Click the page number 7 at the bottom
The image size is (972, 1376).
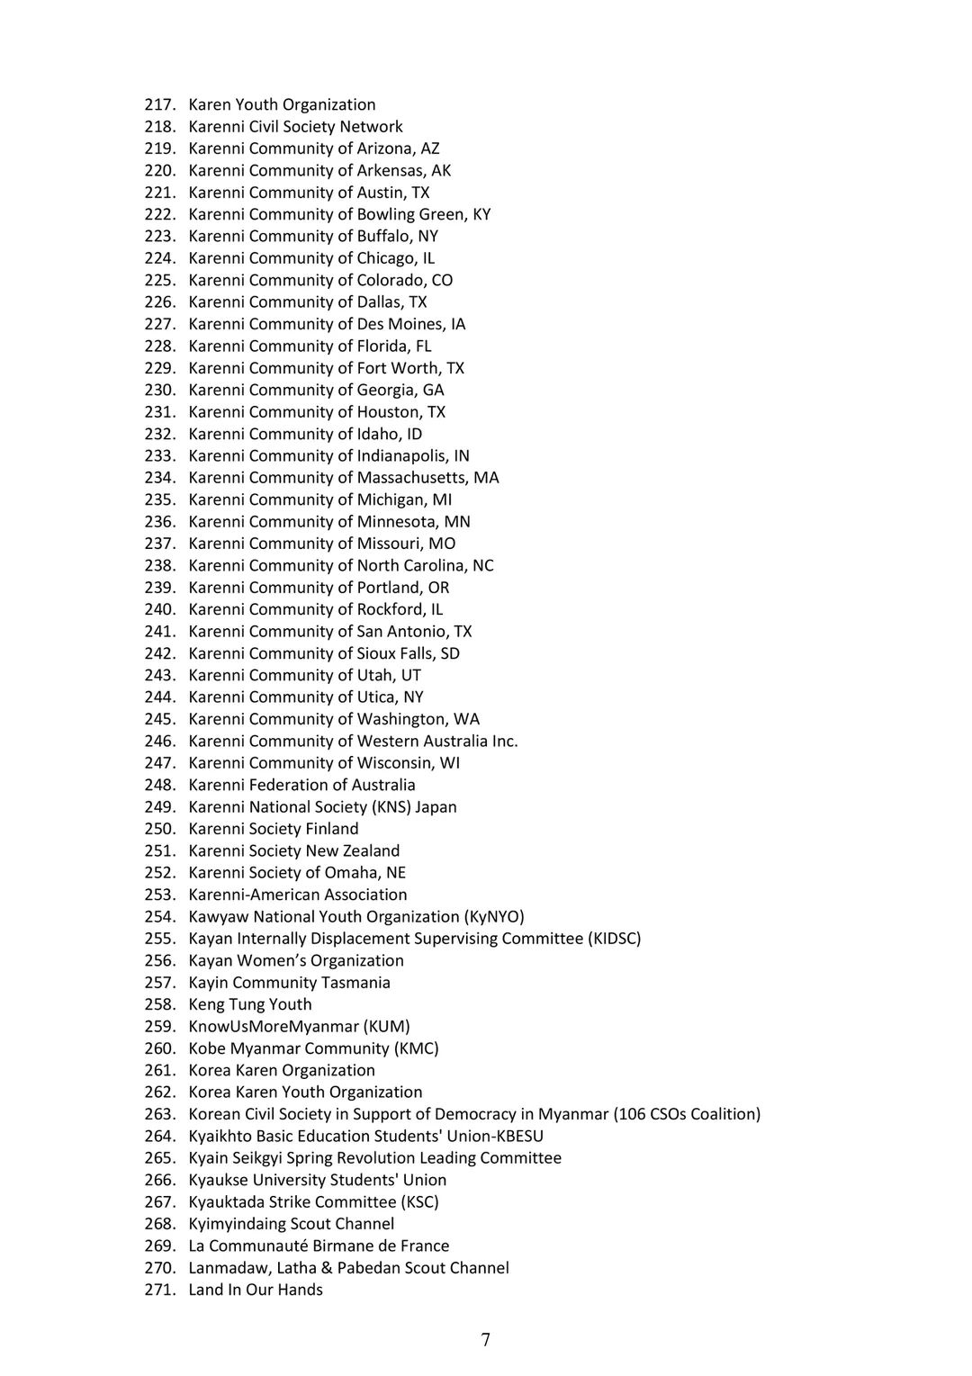486,1340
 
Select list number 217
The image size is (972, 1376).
158,104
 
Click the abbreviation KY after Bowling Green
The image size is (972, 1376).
481,214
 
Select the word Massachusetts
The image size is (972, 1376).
411,478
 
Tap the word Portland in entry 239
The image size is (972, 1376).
389,588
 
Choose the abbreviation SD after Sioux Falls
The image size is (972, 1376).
450,653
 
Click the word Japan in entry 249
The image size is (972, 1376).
436,807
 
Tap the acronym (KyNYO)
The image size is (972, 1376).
494,917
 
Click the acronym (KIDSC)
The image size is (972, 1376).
615,939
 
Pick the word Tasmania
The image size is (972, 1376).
355,983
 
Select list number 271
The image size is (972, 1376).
158,1290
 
